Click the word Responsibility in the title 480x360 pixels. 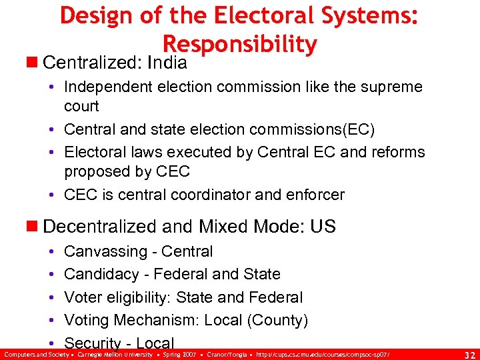point(239,44)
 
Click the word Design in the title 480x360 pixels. point(95,15)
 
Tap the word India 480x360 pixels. point(167,63)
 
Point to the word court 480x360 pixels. point(81,106)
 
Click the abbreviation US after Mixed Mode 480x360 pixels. point(323,227)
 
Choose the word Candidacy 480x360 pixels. point(97,274)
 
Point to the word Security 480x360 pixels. point(93,343)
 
